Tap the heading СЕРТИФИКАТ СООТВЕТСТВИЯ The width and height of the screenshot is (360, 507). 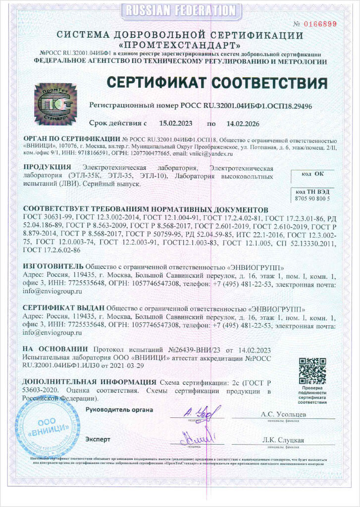(217, 82)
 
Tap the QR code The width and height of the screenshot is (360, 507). (312, 371)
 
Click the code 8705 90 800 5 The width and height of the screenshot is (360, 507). (312, 198)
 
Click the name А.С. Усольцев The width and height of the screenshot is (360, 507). (283, 414)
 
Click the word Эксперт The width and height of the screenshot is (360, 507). (98, 439)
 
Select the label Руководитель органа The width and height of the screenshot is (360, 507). (119, 409)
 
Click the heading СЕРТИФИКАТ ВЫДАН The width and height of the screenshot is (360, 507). (64, 307)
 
